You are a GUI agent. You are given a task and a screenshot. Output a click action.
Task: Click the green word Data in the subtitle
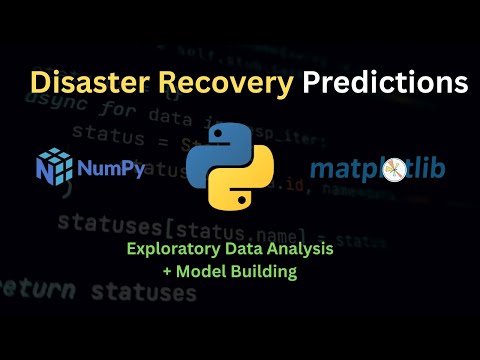[x=254, y=249]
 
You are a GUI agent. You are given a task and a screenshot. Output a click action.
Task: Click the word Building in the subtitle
[x=271, y=270]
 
